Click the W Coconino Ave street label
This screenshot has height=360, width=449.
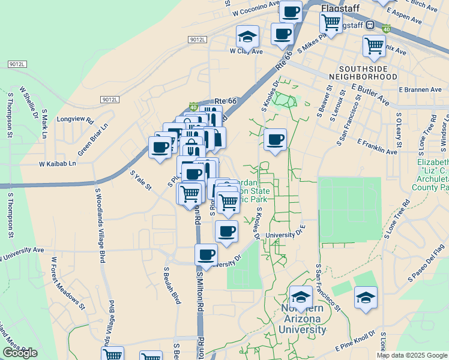pos(256,8)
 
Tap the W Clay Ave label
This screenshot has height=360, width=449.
pos(247,52)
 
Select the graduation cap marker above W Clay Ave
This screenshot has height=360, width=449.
pos(247,37)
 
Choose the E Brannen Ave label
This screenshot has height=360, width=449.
pos(420,89)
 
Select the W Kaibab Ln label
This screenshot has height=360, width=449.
pos(58,163)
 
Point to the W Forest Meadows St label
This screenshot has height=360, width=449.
pos(67,284)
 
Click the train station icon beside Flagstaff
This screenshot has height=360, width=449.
pos(371,26)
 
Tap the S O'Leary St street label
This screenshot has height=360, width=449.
pos(397,128)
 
